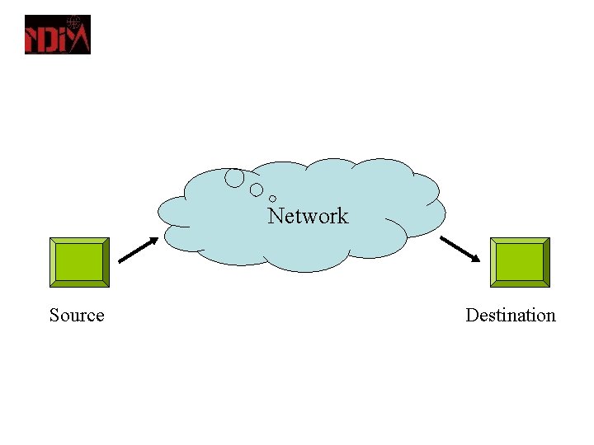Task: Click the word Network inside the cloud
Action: (x=308, y=216)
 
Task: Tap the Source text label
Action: (x=77, y=316)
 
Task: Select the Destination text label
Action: (x=510, y=316)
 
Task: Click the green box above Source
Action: (x=79, y=262)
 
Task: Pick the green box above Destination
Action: (x=520, y=262)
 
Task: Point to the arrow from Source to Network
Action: (x=138, y=251)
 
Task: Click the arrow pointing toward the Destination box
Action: (x=460, y=250)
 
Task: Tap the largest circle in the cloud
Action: (x=235, y=177)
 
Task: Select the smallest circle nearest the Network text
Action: (x=272, y=199)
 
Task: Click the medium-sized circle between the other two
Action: (x=257, y=190)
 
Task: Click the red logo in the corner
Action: (x=57, y=35)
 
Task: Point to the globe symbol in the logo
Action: (x=75, y=21)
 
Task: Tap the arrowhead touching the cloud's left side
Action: (x=153, y=241)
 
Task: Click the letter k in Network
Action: (x=342, y=216)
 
